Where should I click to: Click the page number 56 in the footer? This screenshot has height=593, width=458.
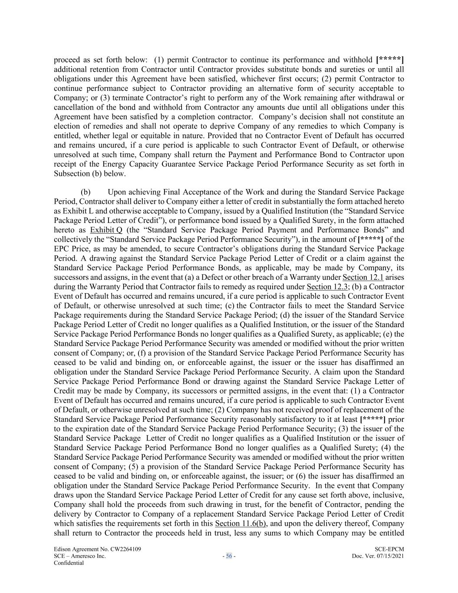[229, 556]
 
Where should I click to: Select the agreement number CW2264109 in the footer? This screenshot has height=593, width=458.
[120, 549]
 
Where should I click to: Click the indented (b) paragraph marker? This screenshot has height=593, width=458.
[86, 192]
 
